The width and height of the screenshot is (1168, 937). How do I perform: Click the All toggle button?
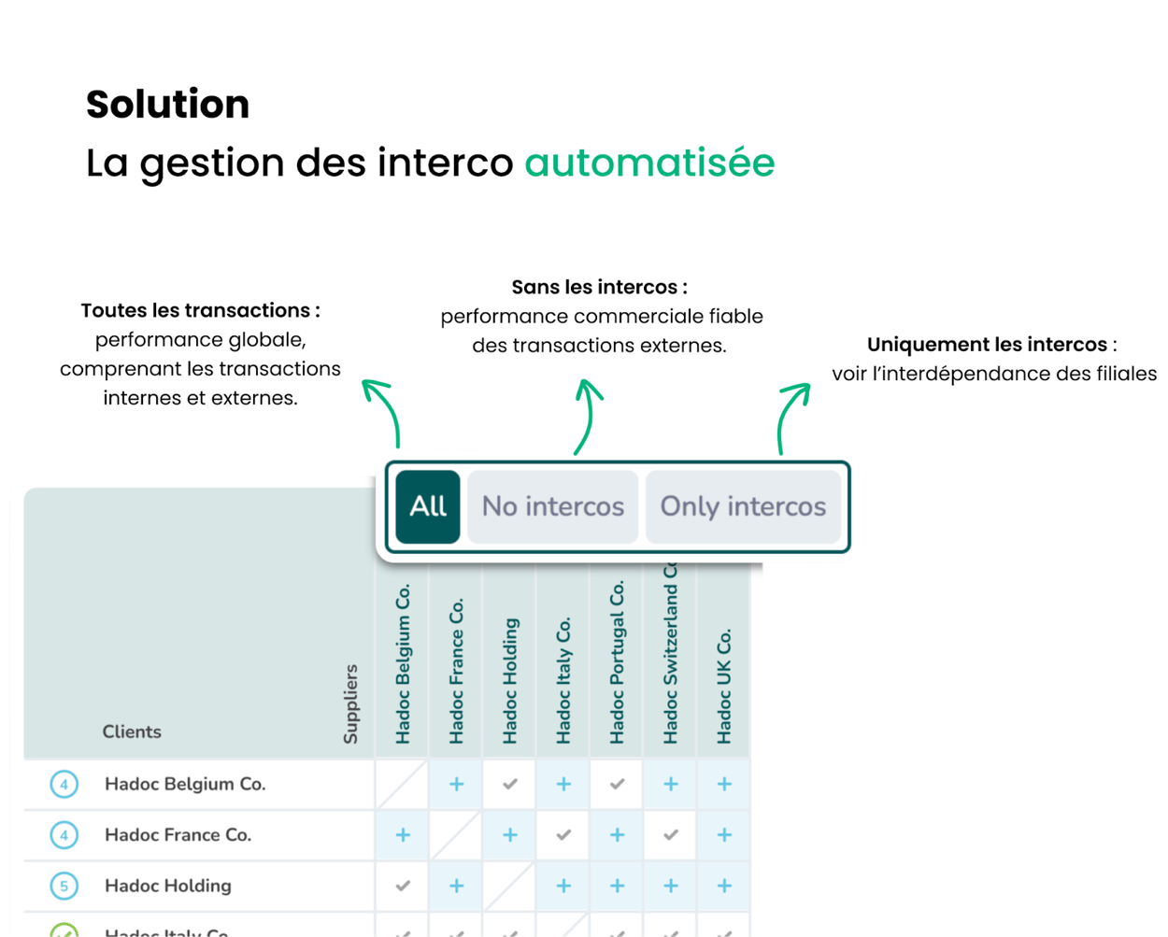[x=428, y=506]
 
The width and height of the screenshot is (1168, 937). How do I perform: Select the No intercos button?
[x=552, y=506]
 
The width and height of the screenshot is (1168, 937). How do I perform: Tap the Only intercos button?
[x=743, y=506]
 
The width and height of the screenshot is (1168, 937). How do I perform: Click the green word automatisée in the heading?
[x=649, y=163]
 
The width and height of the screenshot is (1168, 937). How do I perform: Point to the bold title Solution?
[x=168, y=105]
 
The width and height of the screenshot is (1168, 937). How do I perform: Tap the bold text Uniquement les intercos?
[x=987, y=345]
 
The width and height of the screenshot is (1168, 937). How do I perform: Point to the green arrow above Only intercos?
[x=791, y=416]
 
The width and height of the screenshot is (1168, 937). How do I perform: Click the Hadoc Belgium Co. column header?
[x=403, y=664]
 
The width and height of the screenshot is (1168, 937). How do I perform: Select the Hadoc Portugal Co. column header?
[x=617, y=662]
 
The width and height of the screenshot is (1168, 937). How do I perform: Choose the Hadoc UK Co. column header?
[x=724, y=687]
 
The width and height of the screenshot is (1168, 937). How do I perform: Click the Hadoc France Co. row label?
[x=178, y=835]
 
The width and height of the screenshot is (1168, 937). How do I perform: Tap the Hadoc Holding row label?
[x=168, y=886]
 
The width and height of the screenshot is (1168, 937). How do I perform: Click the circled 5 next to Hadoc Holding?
[x=64, y=886]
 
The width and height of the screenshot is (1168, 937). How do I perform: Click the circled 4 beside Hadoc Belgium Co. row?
[x=64, y=784]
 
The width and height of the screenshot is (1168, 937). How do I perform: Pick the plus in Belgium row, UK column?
[x=724, y=784]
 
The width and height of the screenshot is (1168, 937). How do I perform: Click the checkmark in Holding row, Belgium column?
[x=403, y=886]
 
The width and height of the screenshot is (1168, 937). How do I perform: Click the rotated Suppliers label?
[x=351, y=703]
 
